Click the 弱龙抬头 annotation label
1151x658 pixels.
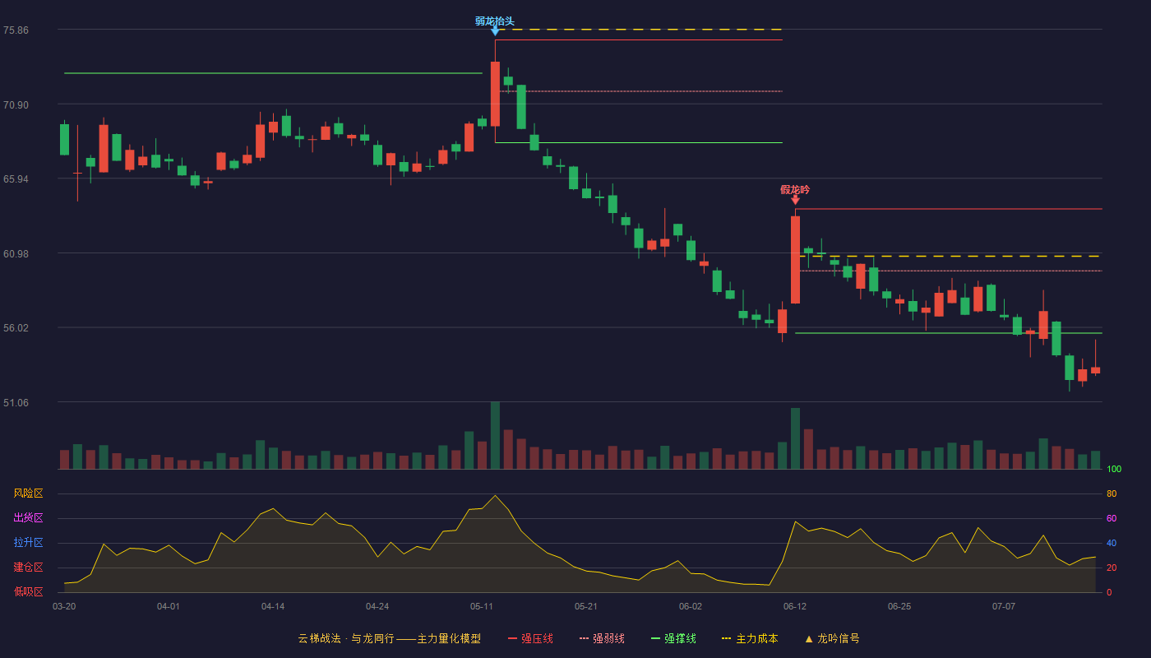click(494, 21)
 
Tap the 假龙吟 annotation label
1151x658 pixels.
click(795, 190)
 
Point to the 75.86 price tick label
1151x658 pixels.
click(16, 30)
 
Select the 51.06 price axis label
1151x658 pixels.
click(16, 402)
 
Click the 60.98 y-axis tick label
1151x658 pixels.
click(16, 254)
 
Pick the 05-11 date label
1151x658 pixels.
click(482, 607)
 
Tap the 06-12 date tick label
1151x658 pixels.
click(795, 607)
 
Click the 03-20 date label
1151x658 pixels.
click(64, 607)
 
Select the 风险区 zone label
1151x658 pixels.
click(28, 493)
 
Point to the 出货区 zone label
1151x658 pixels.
click(28, 517)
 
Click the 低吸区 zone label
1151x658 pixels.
click(28, 591)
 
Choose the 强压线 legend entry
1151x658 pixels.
click(530, 638)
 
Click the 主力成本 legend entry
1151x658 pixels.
click(750, 638)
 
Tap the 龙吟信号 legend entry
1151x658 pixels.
click(832, 638)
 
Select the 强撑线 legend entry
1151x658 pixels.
click(673, 638)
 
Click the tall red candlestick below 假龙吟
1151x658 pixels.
click(795, 260)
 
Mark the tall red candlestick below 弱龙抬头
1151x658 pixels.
click(495, 94)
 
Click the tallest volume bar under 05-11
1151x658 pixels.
click(495, 435)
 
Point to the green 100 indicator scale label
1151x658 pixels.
click(1114, 469)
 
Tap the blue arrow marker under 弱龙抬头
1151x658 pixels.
click(495, 31)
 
